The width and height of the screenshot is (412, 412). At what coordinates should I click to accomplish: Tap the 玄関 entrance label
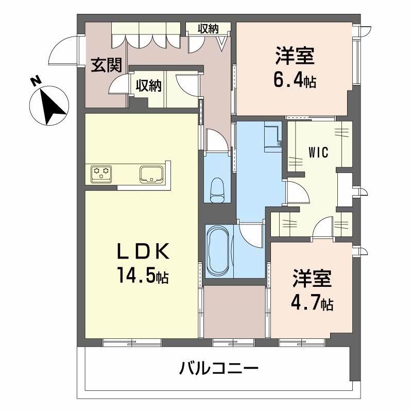107,65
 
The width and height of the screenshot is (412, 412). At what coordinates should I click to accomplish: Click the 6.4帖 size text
295,80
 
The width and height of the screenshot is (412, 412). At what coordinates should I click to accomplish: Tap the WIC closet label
319,152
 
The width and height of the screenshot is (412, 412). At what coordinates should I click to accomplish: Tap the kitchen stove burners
101,173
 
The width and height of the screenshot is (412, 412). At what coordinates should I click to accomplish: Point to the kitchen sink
151,173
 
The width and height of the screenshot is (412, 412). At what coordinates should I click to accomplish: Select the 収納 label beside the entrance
149,85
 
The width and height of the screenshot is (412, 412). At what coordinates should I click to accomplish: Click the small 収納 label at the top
209,29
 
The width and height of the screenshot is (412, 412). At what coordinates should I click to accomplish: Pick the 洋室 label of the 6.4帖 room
295,56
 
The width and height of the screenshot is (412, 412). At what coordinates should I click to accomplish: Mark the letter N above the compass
35,81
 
